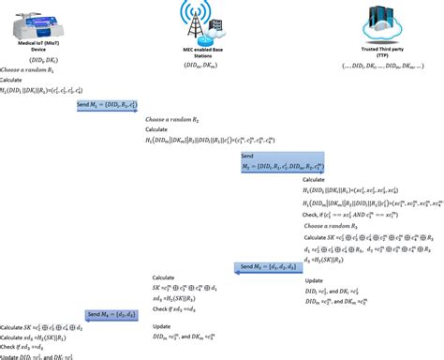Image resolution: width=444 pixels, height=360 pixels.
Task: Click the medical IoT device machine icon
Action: point(48,21)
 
